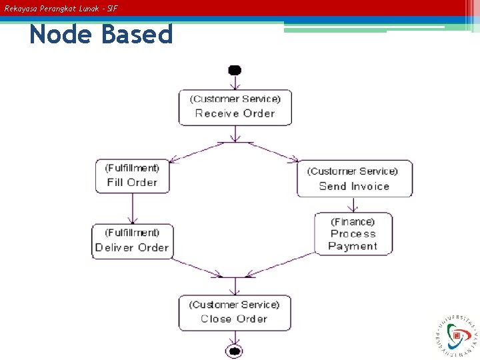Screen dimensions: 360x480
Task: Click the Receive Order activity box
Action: pos(235,107)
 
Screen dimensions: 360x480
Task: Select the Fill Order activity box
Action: pos(132,176)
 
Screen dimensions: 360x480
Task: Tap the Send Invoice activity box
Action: pos(354,179)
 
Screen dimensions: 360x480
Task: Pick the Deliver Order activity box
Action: pos(132,241)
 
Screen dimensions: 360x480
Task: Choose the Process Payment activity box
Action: pos(353,234)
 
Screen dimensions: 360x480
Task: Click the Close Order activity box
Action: pos(235,312)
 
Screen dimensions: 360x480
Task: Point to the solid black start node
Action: pos(234,71)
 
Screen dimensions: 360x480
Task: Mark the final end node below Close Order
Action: pos(234,351)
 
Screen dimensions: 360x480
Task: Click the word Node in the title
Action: pos(59,34)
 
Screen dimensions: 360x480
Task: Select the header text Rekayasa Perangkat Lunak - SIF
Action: pos(61,9)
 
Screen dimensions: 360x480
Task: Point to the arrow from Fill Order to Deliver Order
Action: pos(132,209)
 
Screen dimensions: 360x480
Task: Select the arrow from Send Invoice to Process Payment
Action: pos(353,205)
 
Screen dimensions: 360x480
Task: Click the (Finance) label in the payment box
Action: pos(353,222)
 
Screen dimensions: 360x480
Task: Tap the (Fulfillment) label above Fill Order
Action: pos(132,168)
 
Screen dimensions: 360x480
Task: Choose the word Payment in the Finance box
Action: pos(353,246)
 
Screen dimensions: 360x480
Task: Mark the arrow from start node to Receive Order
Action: pos(235,82)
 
